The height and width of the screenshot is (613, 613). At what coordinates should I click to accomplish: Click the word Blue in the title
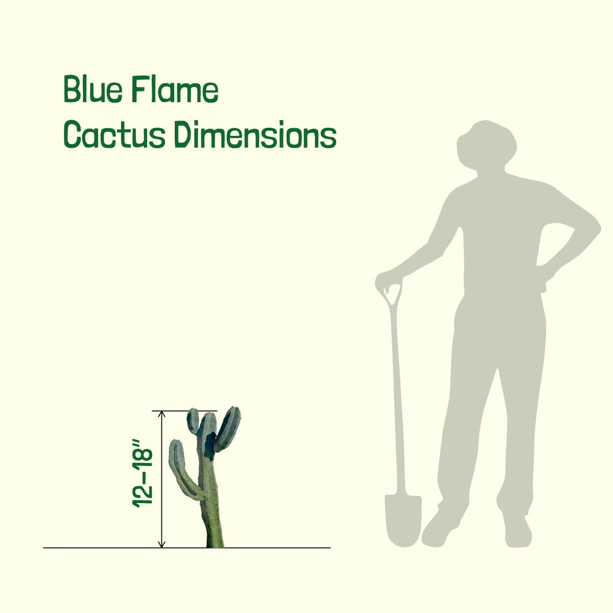point(93,89)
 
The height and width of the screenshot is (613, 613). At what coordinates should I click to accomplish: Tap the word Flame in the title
point(175,89)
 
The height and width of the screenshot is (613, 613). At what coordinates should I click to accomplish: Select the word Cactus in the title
point(114,134)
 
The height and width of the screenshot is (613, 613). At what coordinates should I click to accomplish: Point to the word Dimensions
point(255,134)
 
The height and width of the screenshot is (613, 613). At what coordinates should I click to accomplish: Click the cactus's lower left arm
point(183,471)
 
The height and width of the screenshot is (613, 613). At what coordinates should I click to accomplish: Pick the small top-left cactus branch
point(193,421)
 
